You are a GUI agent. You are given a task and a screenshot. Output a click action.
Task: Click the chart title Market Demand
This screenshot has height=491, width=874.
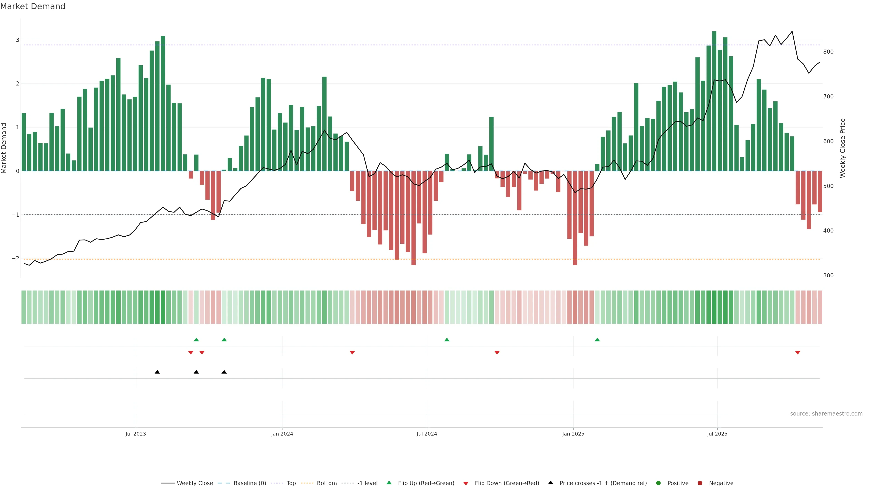click(x=33, y=6)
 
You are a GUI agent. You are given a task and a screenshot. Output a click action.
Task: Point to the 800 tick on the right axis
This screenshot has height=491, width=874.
click(x=828, y=52)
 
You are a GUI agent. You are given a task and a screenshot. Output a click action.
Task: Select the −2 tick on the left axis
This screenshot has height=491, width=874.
click(x=15, y=258)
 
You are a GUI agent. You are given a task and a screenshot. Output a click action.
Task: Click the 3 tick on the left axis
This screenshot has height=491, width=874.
click(x=17, y=40)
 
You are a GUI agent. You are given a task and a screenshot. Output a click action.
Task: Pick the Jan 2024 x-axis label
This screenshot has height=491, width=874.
click(x=282, y=434)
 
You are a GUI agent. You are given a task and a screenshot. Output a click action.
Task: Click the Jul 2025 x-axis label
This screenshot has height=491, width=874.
click(x=717, y=434)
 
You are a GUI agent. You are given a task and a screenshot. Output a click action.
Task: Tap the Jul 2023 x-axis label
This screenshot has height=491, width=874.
click(x=135, y=434)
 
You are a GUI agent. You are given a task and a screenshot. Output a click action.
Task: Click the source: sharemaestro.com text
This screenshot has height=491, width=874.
click(x=826, y=414)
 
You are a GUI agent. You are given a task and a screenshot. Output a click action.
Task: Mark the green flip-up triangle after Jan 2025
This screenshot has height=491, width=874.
click(x=597, y=340)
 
